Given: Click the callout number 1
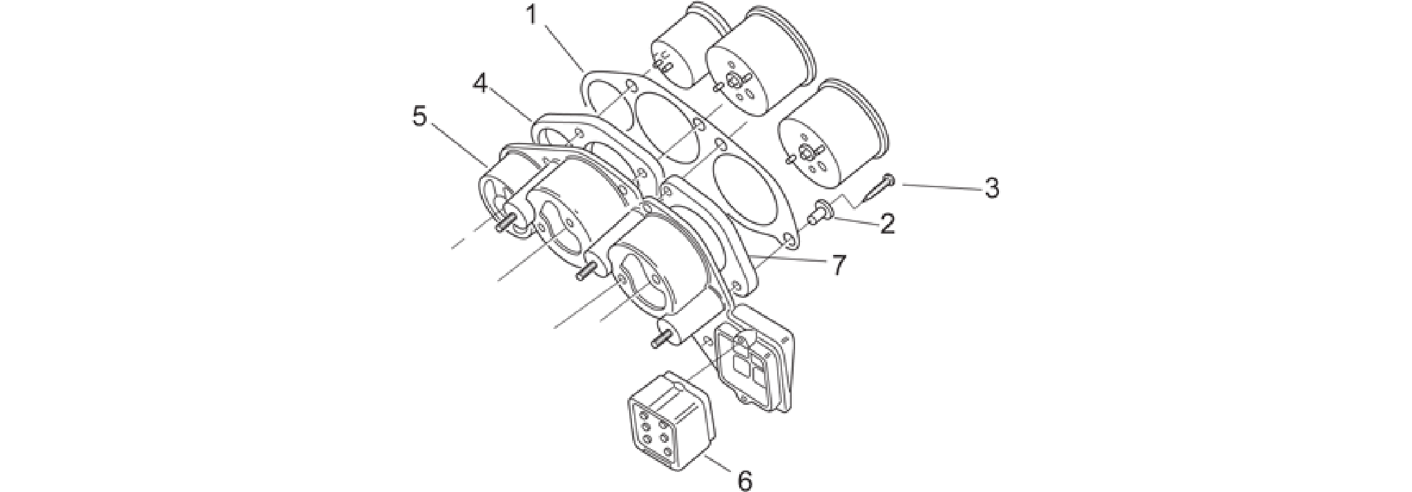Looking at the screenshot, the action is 532,15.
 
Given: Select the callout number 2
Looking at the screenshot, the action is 886,223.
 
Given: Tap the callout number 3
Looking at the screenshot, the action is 992,188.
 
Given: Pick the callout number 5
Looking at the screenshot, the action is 419,116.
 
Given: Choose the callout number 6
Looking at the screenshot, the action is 745,480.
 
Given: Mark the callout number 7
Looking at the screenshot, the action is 839,265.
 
